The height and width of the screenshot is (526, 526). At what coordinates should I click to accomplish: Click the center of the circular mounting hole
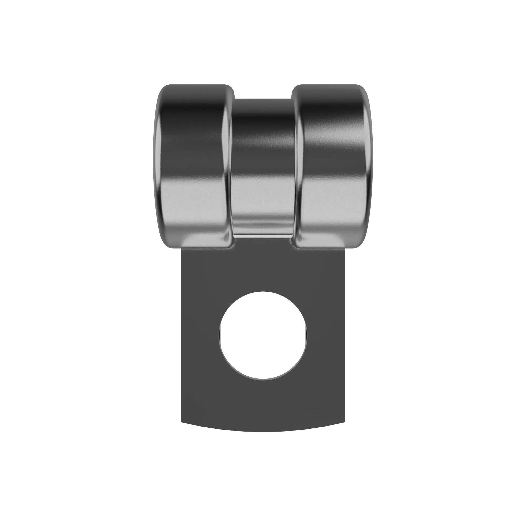coord(263,335)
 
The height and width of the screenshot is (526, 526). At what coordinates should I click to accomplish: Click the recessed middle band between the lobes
coord(263,163)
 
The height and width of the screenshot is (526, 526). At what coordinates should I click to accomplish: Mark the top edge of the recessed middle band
coord(263,99)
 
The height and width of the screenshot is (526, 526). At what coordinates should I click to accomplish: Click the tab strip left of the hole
coord(200,335)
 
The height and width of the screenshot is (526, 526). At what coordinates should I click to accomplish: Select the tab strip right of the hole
coord(326,335)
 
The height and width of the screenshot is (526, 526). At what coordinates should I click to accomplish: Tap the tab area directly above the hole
coord(263,270)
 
